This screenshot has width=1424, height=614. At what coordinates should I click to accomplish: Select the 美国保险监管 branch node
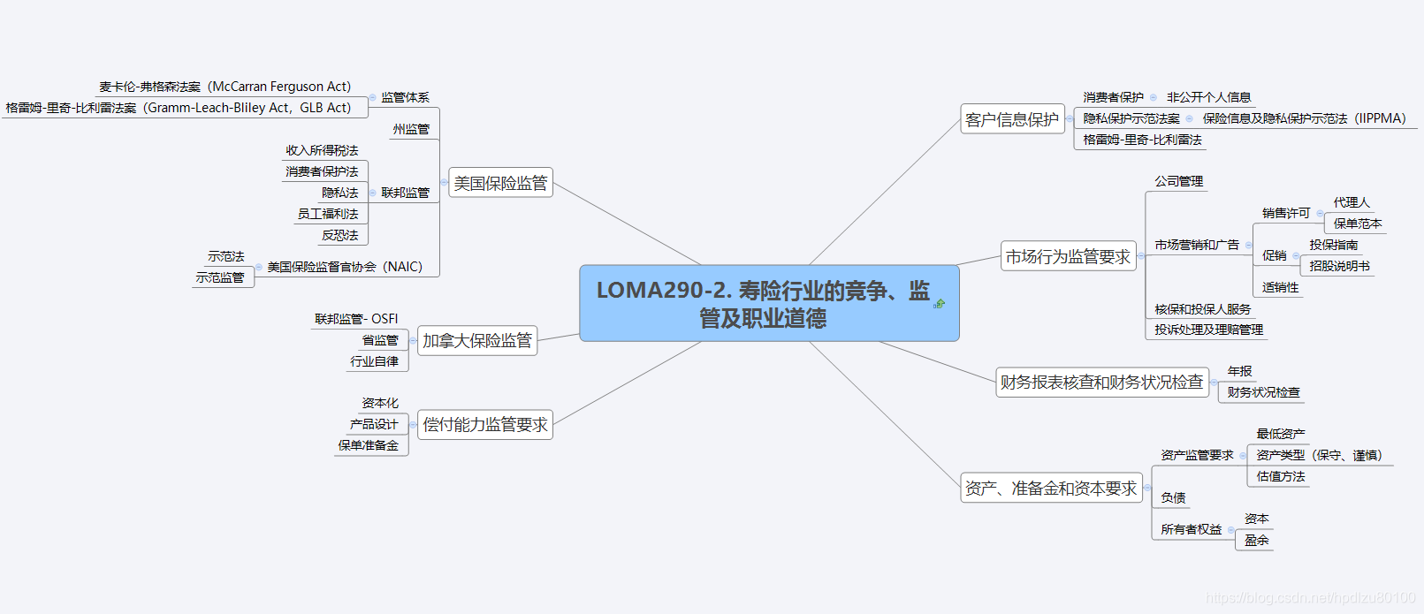(x=500, y=183)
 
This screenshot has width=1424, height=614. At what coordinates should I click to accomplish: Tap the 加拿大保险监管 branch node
(x=477, y=340)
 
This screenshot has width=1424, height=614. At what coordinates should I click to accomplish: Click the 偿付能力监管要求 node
(x=485, y=425)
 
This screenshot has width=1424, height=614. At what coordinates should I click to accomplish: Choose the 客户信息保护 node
(x=1012, y=119)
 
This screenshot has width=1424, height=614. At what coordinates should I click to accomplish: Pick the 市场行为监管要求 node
(x=1068, y=256)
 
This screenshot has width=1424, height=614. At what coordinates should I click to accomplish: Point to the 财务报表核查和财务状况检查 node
(x=1101, y=383)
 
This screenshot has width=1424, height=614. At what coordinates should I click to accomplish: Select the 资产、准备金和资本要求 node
(x=1051, y=488)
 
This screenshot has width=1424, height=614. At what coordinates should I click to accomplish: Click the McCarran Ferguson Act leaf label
(x=225, y=87)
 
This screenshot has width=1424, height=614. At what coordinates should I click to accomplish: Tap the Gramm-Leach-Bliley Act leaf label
(x=179, y=108)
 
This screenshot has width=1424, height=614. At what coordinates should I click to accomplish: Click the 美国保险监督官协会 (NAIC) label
(x=345, y=267)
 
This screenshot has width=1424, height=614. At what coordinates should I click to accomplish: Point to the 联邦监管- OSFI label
(x=356, y=319)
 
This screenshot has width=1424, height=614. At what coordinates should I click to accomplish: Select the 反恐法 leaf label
(x=340, y=235)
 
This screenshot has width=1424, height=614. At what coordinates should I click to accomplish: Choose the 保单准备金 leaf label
(x=368, y=446)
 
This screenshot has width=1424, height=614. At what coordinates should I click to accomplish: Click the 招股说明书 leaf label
(x=1339, y=266)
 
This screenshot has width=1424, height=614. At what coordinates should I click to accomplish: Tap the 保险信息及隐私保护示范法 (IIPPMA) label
(x=1304, y=118)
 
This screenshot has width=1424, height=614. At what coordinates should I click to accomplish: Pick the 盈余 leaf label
(x=1256, y=540)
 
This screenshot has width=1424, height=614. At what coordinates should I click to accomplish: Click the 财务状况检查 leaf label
(x=1263, y=392)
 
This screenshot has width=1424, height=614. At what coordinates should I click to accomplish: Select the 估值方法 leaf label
(x=1281, y=476)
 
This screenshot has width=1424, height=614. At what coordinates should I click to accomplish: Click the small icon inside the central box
(x=939, y=304)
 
